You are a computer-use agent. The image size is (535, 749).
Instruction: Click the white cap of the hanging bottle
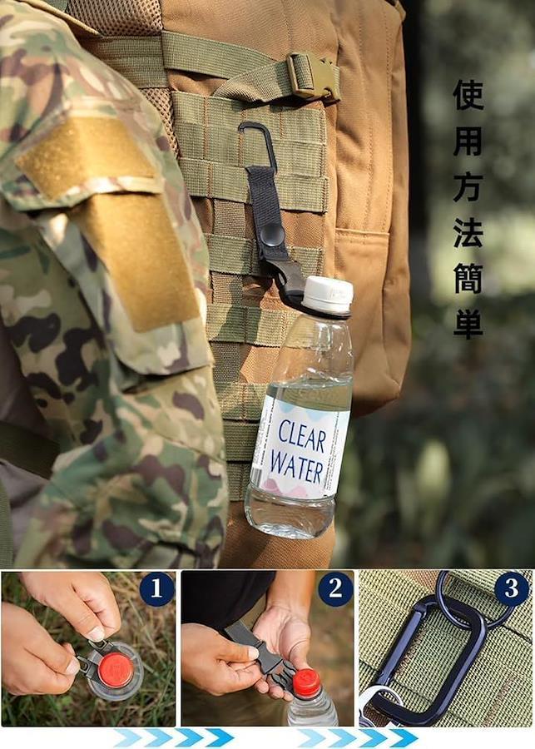pos(328,295)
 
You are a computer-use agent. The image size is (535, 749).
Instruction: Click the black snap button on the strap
pos(272,236)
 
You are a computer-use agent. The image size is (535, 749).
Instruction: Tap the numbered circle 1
pos(156,589)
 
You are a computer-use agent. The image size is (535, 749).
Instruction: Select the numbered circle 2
pos(335,589)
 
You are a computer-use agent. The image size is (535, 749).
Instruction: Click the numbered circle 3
pos(512,589)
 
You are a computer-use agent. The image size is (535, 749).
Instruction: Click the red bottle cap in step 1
pos(115,670)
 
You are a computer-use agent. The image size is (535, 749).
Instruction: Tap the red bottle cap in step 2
pos(306,683)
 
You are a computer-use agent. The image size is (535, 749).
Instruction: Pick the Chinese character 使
pos(468,95)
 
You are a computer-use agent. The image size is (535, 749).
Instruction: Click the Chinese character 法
pos(468,233)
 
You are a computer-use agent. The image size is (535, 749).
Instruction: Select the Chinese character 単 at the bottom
pos(468,324)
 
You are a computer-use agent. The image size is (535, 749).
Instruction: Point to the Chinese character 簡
pos(468,278)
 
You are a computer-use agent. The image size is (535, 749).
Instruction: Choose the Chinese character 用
pos(468,141)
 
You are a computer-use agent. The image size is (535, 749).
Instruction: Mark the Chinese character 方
pos(468,186)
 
